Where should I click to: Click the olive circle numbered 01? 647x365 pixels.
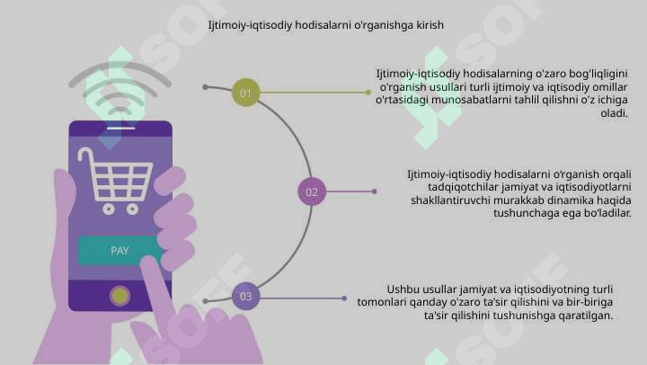click(x=246, y=93)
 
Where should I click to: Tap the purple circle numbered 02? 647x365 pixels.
click(x=312, y=191)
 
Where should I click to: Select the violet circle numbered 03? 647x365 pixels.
click(x=246, y=296)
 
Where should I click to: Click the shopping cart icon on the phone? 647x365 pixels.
click(x=115, y=181)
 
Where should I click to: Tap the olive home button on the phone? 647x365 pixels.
click(x=120, y=296)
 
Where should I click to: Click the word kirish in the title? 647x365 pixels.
click(x=430, y=25)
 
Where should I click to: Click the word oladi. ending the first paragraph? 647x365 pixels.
click(x=614, y=113)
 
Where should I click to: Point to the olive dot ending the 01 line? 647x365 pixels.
click(x=368, y=93)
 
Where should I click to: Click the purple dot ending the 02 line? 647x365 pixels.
click(x=374, y=191)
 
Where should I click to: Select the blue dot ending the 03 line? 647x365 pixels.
click(x=344, y=298)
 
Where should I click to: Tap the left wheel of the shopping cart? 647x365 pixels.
click(x=109, y=209)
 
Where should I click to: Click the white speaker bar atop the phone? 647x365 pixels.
click(x=121, y=128)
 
